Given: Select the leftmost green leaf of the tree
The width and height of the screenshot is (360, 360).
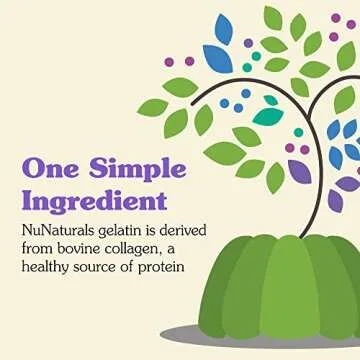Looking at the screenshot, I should coord(152,107).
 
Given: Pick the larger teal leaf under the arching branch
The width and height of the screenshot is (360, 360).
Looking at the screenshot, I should coord(267,116).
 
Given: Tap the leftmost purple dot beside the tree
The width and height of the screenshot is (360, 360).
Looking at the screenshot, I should coord(169,62).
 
